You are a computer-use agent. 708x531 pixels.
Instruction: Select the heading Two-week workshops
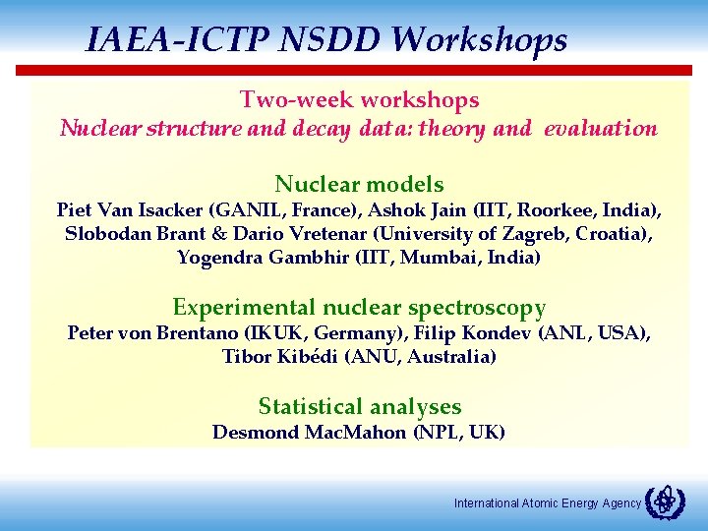click(x=359, y=100)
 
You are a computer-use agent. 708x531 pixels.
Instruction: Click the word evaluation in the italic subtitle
click(x=600, y=129)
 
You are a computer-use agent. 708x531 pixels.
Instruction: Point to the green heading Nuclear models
click(x=359, y=185)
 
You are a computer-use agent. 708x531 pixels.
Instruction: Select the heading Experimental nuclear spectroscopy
click(x=359, y=308)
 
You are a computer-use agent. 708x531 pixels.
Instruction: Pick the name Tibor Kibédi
click(x=280, y=357)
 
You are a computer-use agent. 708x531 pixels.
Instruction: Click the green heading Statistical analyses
click(x=359, y=407)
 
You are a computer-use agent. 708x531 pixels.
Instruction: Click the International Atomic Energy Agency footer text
click(x=547, y=503)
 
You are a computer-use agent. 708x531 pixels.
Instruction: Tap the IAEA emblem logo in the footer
click(x=665, y=501)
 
